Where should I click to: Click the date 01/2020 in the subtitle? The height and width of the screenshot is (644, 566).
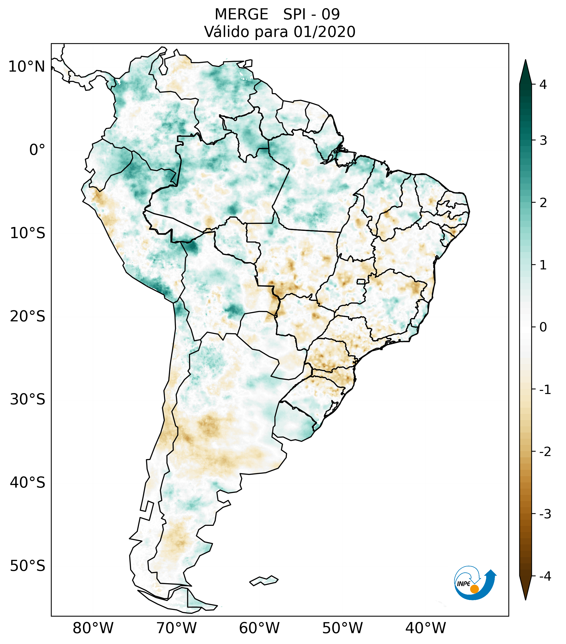(x=324, y=32)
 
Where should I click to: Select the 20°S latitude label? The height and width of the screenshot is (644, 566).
(x=28, y=316)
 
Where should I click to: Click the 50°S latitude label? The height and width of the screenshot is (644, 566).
(x=28, y=566)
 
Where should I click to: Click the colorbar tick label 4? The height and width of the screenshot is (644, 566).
(x=543, y=85)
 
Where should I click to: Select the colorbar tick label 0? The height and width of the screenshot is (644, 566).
(x=543, y=327)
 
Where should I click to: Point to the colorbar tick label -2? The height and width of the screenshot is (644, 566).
(x=545, y=452)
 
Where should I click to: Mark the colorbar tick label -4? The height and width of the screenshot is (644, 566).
(x=545, y=576)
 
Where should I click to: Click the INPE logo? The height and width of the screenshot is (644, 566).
(x=474, y=583)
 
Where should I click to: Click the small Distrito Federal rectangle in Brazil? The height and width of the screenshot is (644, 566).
(x=361, y=281)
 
